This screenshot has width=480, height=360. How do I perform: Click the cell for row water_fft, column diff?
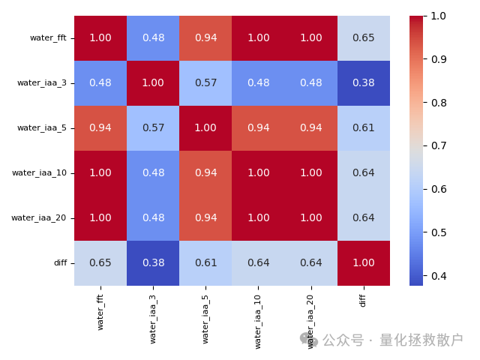point(363,37)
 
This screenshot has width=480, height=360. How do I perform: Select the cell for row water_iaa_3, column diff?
point(363,82)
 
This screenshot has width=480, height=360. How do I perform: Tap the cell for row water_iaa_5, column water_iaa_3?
point(153,127)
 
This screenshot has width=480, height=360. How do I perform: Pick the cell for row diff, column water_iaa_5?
point(205,262)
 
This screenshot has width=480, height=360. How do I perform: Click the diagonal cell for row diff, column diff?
point(363,262)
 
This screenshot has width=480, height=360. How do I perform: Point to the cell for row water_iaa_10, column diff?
point(363,172)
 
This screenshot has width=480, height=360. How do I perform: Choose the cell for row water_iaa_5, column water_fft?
point(100,127)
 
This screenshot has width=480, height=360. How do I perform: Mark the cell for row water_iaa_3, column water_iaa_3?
point(153,82)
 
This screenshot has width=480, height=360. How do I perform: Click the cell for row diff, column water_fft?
point(100,262)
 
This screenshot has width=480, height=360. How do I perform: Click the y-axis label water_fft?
point(48,37)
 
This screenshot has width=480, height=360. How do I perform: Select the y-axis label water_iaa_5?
point(42,127)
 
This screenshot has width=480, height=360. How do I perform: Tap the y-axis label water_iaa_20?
point(39,217)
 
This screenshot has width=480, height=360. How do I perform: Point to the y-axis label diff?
point(59,262)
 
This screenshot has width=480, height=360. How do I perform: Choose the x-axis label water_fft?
point(100,312)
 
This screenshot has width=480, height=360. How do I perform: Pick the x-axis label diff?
point(363,299)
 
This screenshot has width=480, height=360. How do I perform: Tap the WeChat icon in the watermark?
point(309,340)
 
